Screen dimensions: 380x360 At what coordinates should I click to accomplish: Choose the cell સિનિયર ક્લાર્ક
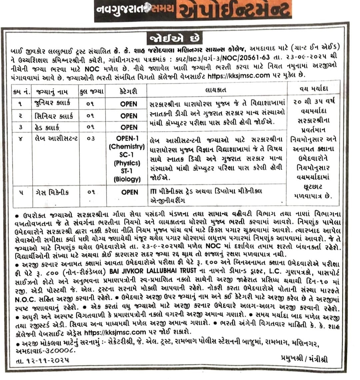tap(54, 116)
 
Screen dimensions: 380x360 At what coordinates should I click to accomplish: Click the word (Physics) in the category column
tap(127, 163)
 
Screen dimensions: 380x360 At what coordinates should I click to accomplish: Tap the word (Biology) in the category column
tap(127, 179)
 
